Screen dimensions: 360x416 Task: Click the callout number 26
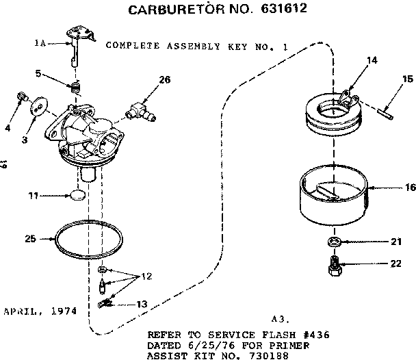[164, 79]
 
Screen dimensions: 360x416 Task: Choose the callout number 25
[29, 240]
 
